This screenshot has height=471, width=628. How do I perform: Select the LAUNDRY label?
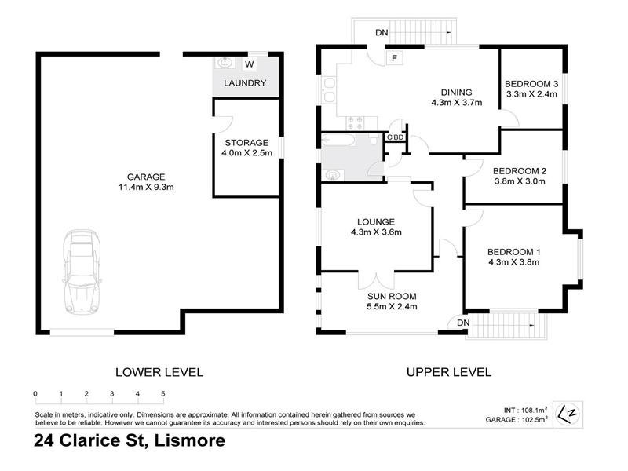(x=245, y=83)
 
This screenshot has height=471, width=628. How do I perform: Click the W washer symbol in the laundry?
(x=249, y=64)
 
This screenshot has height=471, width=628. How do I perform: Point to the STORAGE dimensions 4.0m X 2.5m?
(x=246, y=153)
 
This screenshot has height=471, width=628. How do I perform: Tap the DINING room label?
(x=455, y=90)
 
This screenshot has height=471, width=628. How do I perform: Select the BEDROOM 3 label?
(x=531, y=83)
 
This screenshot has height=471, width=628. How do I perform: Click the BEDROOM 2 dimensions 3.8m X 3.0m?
(x=518, y=182)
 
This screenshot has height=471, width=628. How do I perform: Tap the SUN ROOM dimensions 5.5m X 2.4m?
(x=392, y=307)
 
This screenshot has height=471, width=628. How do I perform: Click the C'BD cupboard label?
(x=394, y=138)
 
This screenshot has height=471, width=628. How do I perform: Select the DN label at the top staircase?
(x=381, y=33)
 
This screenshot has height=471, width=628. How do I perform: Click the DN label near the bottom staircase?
(x=463, y=323)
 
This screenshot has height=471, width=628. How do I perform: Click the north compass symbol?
(x=570, y=410)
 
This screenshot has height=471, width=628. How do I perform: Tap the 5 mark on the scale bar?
(x=163, y=393)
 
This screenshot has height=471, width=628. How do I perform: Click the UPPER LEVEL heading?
(x=448, y=372)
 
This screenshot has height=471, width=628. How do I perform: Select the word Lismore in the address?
(x=188, y=440)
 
